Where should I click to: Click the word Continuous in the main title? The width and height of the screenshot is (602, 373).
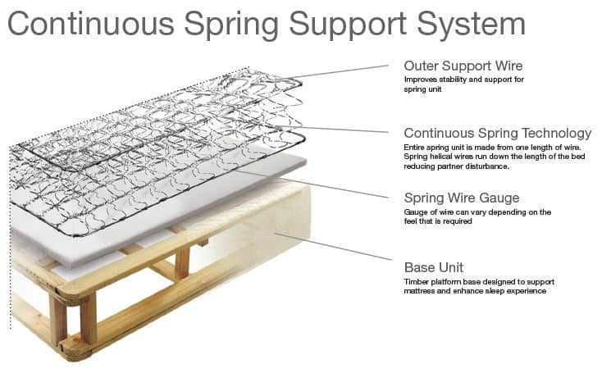(90, 24)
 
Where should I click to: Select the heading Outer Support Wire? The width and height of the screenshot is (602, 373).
(463, 66)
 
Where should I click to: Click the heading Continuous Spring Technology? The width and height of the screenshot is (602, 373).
(498, 134)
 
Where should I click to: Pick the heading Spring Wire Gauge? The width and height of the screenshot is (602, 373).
(462, 198)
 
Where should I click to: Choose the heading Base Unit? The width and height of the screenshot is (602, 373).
(433, 267)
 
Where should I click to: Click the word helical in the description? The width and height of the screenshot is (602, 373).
(441, 157)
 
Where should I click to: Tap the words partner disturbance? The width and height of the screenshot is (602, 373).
(472, 166)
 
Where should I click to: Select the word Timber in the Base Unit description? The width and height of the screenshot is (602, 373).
(415, 282)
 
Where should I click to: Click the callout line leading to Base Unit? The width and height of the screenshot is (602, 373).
(333, 246)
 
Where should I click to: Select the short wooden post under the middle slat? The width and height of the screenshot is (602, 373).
(182, 263)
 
